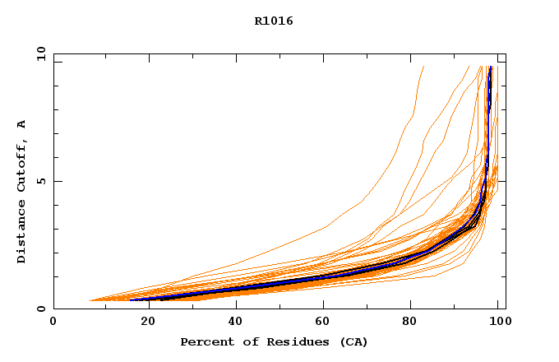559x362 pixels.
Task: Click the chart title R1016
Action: tap(274, 21)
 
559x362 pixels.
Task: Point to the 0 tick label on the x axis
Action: tap(53, 323)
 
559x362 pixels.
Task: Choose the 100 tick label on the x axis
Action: tap(498, 323)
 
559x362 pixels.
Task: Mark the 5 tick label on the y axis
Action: tap(40, 181)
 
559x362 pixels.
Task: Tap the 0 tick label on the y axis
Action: tap(40, 309)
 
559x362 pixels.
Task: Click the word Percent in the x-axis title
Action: tap(206, 341)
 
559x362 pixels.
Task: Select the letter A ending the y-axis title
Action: tap(21, 124)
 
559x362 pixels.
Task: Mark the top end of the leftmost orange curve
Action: tap(423, 67)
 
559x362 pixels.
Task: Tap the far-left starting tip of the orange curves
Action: tap(90, 300)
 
